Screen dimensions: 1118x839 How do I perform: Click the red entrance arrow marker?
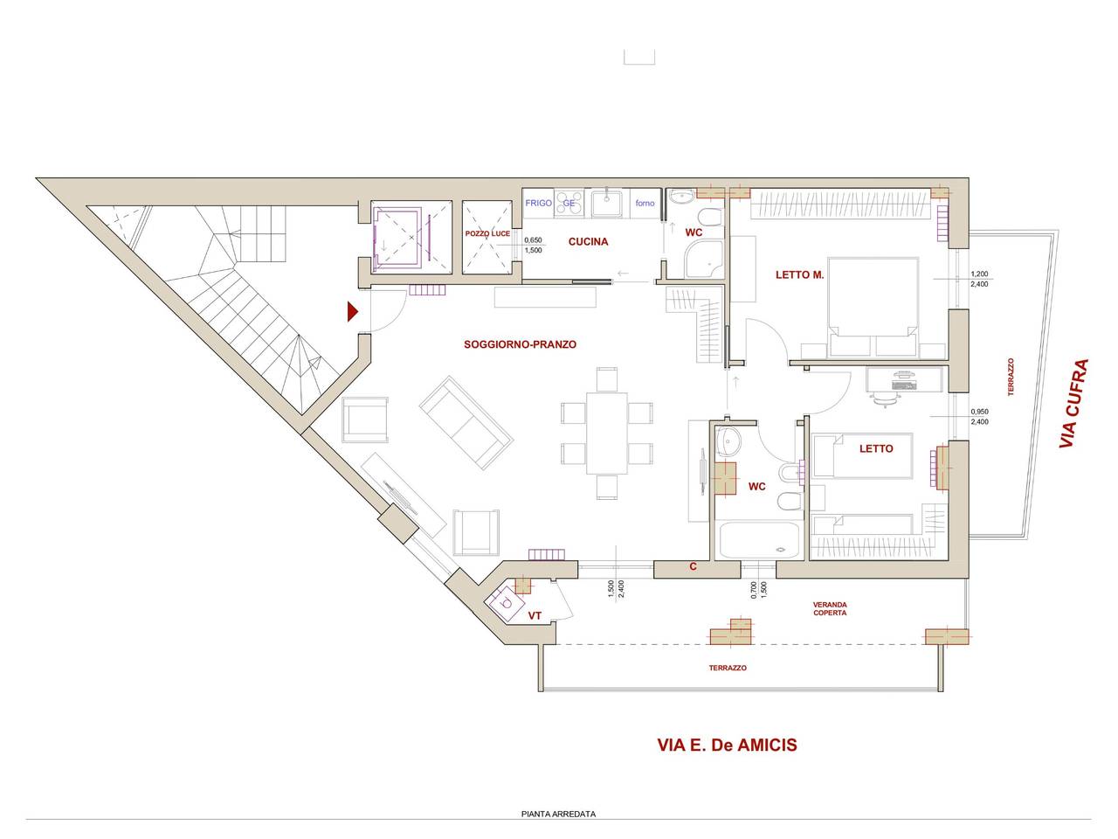[x=353, y=312]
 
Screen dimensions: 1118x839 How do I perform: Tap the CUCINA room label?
[x=588, y=242]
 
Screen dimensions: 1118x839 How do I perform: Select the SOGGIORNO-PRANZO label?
[x=520, y=344]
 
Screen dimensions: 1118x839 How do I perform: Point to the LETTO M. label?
[x=799, y=275]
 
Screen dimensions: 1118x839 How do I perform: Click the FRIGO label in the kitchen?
[x=538, y=203]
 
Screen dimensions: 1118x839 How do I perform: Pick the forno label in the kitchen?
[x=645, y=203]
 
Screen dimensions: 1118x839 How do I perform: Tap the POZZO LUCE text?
[x=487, y=234]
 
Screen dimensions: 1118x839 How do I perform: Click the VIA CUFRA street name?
[x=1073, y=404]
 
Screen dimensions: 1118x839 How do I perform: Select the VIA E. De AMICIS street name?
[x=727, y=745]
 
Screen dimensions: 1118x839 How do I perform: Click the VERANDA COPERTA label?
[x=830, y=609]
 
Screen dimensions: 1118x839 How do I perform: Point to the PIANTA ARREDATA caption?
[x=558, y=814]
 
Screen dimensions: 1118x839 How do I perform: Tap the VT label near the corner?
[x=535, y=616]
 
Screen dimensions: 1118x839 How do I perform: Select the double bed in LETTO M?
[x=873, y=306]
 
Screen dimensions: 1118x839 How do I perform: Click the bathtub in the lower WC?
[x=759, y=540]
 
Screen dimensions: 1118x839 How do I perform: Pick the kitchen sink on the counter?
[x=607, y=204]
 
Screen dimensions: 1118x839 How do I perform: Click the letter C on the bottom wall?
[x=693, y=566]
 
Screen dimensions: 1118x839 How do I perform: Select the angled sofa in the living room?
[x=466, y=423]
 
